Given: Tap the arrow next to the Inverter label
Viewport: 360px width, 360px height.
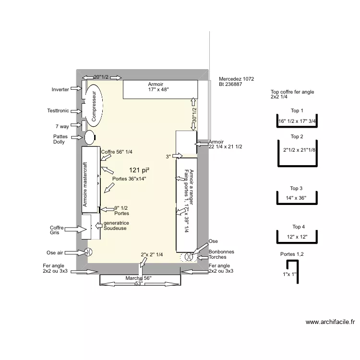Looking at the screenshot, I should tap(76, 89).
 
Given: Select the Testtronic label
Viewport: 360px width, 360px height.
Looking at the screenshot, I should tap(58, 111).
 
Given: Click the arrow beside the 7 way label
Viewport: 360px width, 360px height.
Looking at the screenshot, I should tap(76, 126).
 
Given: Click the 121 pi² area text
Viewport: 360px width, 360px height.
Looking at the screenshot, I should tap(139, 170).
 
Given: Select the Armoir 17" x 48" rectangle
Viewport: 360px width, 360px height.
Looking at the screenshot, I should tap(161, 90).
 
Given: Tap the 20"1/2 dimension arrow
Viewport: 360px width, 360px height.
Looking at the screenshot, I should tap(101, 77).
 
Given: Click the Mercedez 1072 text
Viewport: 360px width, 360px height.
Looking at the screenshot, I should tap(236, 79).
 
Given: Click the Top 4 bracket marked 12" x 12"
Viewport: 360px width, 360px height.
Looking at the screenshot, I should tap(297, 237).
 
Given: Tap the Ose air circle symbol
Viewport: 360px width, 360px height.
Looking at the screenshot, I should tap(89, 252).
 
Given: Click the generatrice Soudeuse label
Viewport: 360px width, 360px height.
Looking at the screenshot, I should tap(116, 226).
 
